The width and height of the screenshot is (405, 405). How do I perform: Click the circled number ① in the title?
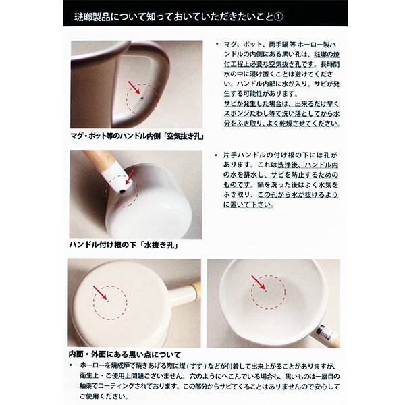[x=298, y=13]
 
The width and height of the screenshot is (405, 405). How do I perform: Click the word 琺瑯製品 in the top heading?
[x=93, y=13]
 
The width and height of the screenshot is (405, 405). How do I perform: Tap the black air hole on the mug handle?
[x=142, y=97]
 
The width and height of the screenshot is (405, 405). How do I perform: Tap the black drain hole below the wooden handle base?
[x=121, y=191]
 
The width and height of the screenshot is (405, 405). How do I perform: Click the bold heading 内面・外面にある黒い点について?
[x=126, y=353]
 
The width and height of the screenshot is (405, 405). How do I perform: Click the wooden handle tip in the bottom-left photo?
[x=196, y=290]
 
